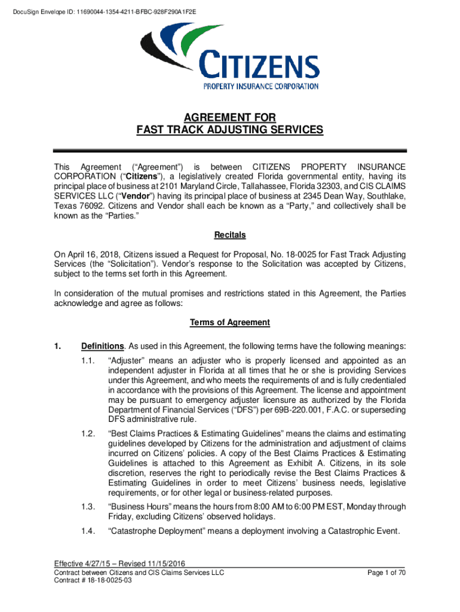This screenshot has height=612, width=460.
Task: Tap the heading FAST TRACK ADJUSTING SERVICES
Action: [x=229, y=130]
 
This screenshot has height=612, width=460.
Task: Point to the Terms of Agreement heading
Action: [x=230, y=323]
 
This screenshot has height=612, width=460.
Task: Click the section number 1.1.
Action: [x=88, y=360]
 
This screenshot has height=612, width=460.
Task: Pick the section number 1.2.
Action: [x=88, y=433]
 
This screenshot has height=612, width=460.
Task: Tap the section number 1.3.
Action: [x=88, y=507]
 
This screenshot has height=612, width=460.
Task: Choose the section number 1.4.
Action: [x=88, y=531]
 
